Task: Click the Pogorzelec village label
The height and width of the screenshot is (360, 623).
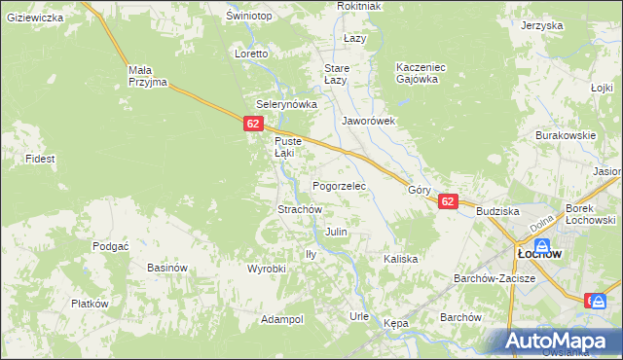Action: pos(339,185)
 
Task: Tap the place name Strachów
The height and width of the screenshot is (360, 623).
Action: pos(300,209)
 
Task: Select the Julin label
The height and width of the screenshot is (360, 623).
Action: pos(337,233)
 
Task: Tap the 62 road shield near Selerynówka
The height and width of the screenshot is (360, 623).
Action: pos(253,124)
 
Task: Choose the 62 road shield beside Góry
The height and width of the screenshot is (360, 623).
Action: pos(447,201)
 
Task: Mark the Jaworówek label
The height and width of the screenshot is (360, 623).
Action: pos(368,122)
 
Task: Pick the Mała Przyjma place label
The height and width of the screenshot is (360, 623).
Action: pos(148,76)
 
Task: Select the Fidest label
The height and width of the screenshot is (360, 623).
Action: pos(41,158)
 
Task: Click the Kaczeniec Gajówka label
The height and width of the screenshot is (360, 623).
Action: pos(421,73)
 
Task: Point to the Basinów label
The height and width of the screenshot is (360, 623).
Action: pos(166,268)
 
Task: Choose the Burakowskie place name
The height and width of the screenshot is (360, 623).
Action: pos(566,136)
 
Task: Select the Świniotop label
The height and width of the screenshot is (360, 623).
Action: pos(248,17)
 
